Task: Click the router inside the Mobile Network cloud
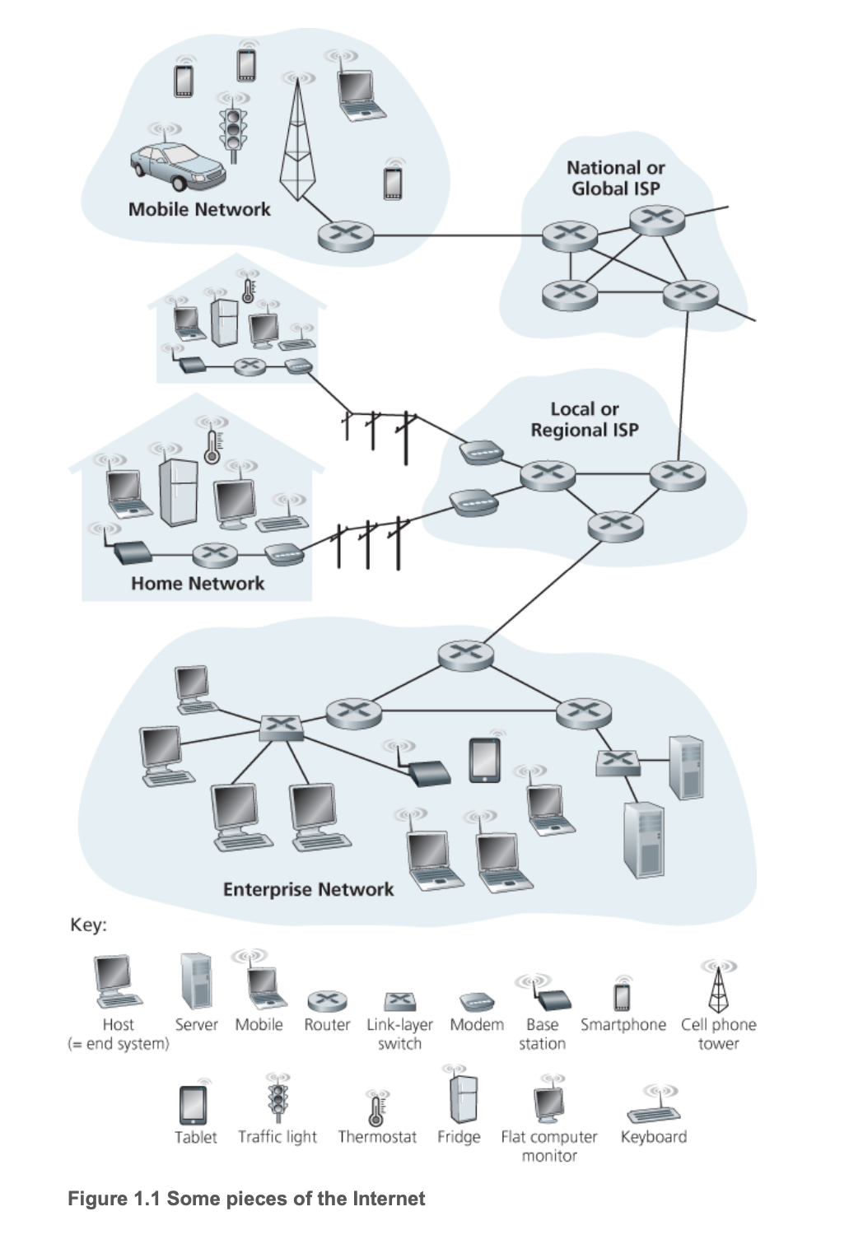click(345, 236)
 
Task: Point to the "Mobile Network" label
click(199, 209)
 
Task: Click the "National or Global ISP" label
click(616, 178)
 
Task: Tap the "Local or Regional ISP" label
click(585, 419)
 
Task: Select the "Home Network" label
click(198, 583)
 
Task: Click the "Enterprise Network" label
click(308, 889)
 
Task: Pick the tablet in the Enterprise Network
click(485, 759)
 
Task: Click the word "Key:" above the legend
click(88, 925)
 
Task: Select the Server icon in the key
click(197, 981)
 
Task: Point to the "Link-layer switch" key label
click(399, 1034)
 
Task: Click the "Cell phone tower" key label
click(718, 1034)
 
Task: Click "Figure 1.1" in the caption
click(114, 1198)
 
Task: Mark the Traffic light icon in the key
click(278, 1100)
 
